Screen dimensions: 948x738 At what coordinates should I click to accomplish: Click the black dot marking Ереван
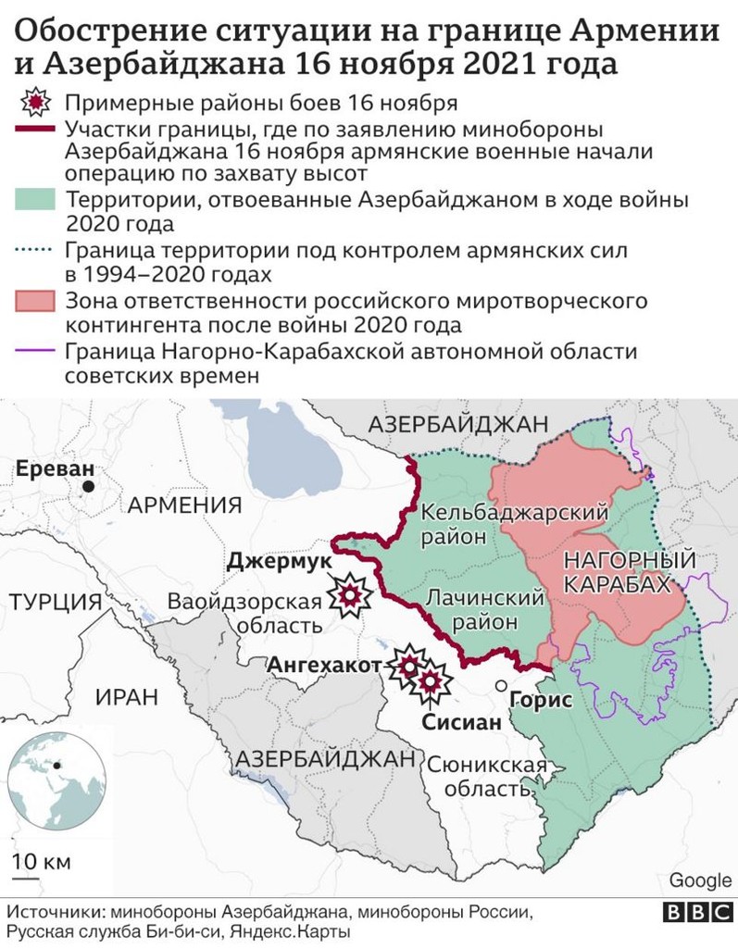pos(88,486)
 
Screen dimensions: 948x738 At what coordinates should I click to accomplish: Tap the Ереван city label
pos(55,468)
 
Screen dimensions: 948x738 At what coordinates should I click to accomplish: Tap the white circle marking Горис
pos(501,686)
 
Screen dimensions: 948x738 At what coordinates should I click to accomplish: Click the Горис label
pos(541,701)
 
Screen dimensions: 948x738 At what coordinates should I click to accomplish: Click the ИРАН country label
pos(126,697)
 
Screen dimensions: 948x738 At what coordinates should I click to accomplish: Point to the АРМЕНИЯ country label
pos(184,505)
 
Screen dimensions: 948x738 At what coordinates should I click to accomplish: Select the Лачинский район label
pos(483,610)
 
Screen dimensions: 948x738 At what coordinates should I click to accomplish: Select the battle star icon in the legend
pos(36,102)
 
